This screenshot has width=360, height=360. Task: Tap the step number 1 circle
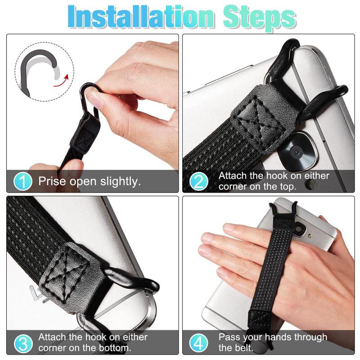point(22,182)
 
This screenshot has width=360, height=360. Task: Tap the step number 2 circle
point(199,182)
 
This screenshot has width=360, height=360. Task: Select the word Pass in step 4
point(229,337)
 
